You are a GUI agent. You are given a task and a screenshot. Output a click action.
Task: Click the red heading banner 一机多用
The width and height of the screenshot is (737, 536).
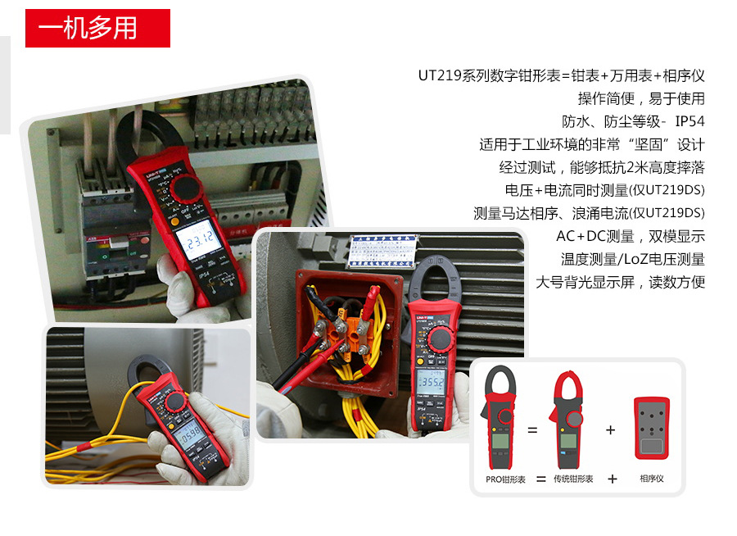click(97, 29)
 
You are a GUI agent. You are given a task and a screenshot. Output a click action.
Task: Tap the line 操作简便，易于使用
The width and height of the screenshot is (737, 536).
click(640, 98)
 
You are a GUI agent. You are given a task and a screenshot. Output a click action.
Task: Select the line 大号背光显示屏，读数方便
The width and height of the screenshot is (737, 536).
click(620, 282)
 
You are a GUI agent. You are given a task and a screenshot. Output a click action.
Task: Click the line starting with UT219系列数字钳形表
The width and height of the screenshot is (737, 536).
click(561, 75)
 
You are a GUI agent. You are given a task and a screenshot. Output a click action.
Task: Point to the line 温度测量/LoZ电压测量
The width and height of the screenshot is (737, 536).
click(632, 259)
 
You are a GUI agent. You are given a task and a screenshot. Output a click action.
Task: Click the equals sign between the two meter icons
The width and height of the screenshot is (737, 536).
click(532, 429)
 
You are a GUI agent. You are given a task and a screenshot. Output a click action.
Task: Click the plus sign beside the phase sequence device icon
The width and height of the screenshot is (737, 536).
click(610, 429)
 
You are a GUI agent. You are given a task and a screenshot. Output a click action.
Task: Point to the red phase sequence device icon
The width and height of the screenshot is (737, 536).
click(652, 428)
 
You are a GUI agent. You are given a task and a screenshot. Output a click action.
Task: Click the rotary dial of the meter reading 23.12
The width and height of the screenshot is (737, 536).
click(187, 189)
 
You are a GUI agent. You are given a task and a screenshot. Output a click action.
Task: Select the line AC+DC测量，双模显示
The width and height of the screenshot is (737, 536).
click(631, 236)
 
